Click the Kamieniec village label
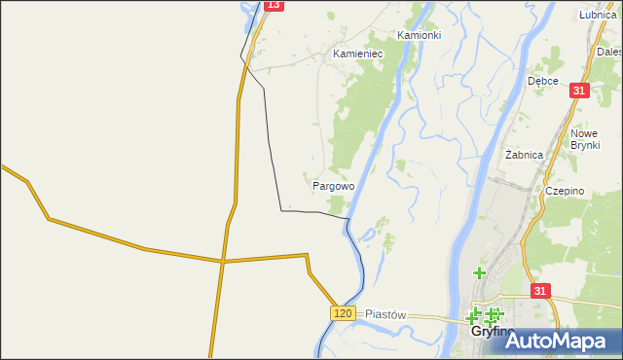coord(358,54)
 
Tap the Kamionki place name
coord(420,34)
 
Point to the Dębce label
coord(542,81)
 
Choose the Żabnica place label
coord(525,155)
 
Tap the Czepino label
coord(565,192)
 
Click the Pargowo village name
coord(333,185)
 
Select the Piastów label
coord(385,315)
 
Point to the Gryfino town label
coord(493,332)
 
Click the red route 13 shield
coord(273,5)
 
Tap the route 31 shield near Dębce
coord(579,90)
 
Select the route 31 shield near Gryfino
coord(541,291)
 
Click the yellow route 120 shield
coord(342,312)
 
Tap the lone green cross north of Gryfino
coord(479,273)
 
